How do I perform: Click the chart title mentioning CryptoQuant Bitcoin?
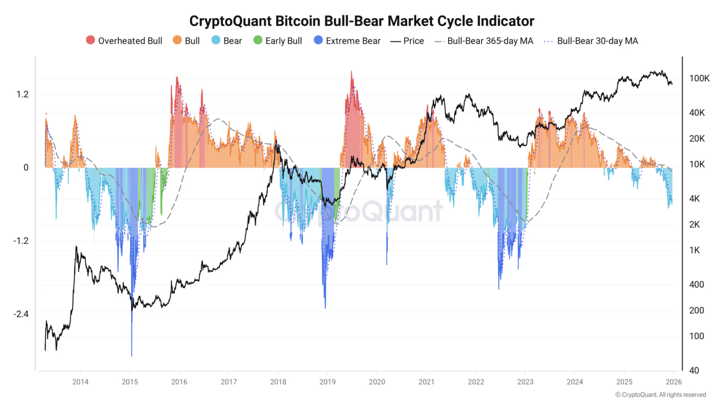[x=361, y=21]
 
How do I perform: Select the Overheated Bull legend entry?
[x=124, y=41]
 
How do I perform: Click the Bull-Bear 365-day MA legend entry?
[x=484, y=41]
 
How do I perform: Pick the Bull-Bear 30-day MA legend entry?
[x=591, y=41]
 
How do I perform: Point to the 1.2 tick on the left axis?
[x=22, y=94]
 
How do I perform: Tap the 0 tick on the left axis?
[x=25, y=168]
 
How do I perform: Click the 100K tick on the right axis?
[x=700, y=79]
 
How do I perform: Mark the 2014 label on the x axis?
[x=80, y=382]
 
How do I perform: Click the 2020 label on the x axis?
[x=377, y=382]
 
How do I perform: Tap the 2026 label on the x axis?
[x=673, y=382]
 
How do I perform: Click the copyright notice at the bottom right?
[x=660, y=395]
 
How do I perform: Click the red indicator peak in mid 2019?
[x=351, y=73]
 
